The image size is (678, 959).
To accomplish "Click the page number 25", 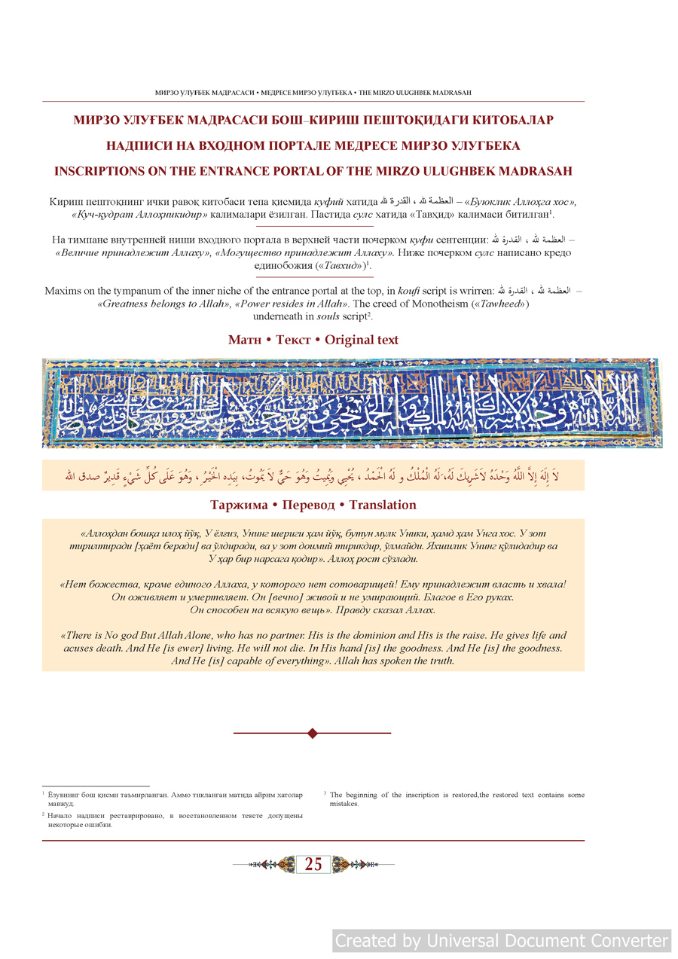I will pos(313,865).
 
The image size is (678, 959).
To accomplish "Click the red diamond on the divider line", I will pos(313,733).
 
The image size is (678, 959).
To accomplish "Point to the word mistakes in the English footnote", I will pos(344,804).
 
